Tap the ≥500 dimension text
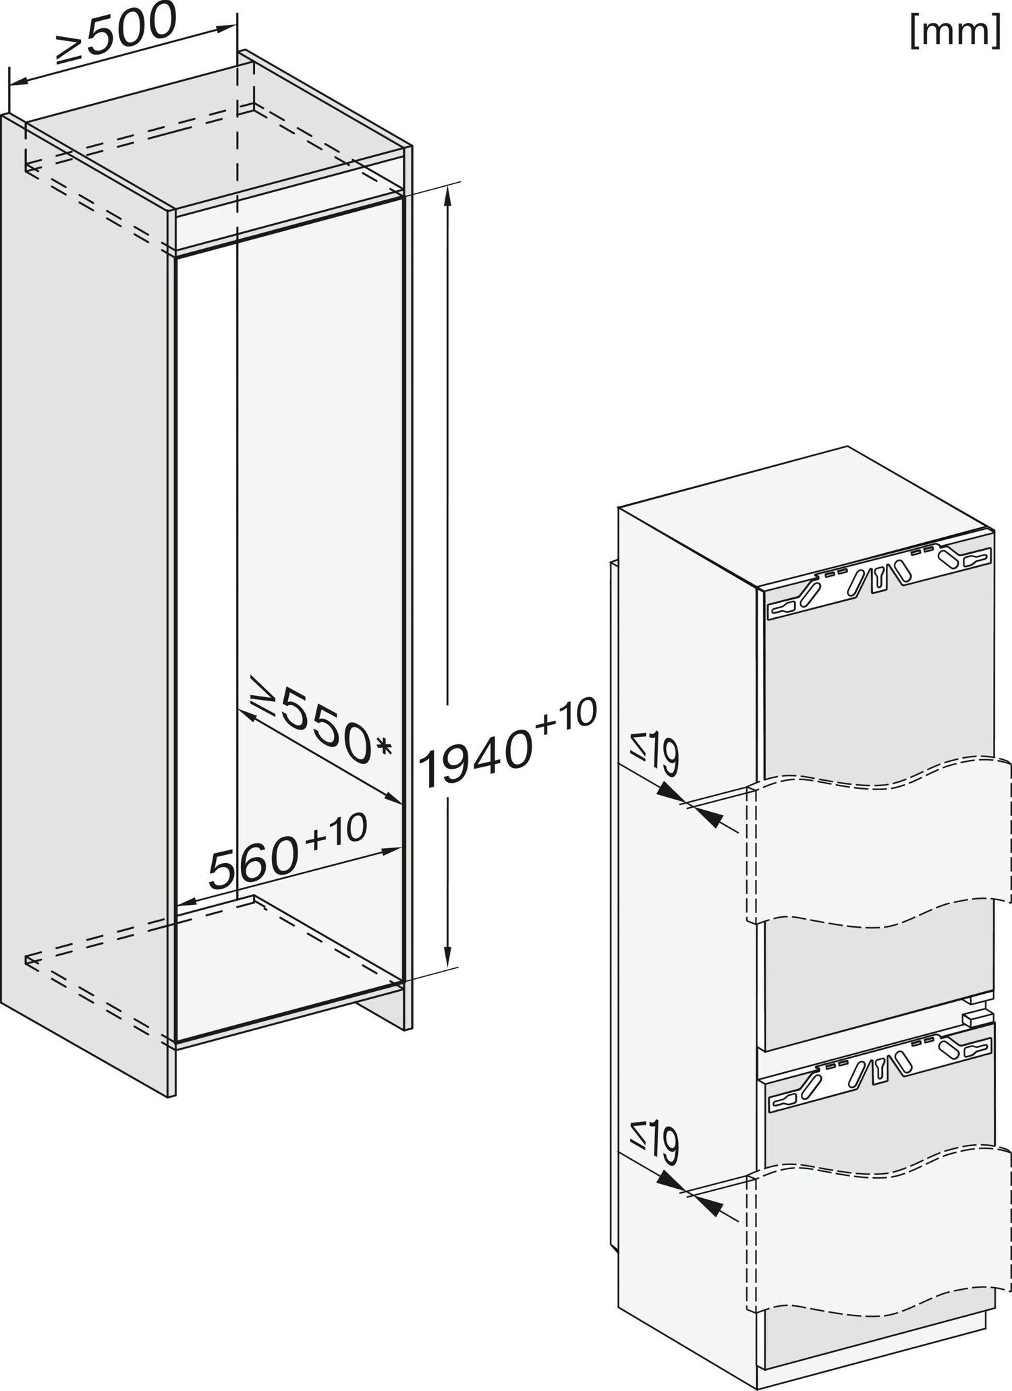tap(116, 34)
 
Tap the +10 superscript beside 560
tap(337, 830)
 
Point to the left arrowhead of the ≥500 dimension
tap(18, 82)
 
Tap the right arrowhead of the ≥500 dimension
tap(226, 27)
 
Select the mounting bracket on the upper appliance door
tap(880, 579)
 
